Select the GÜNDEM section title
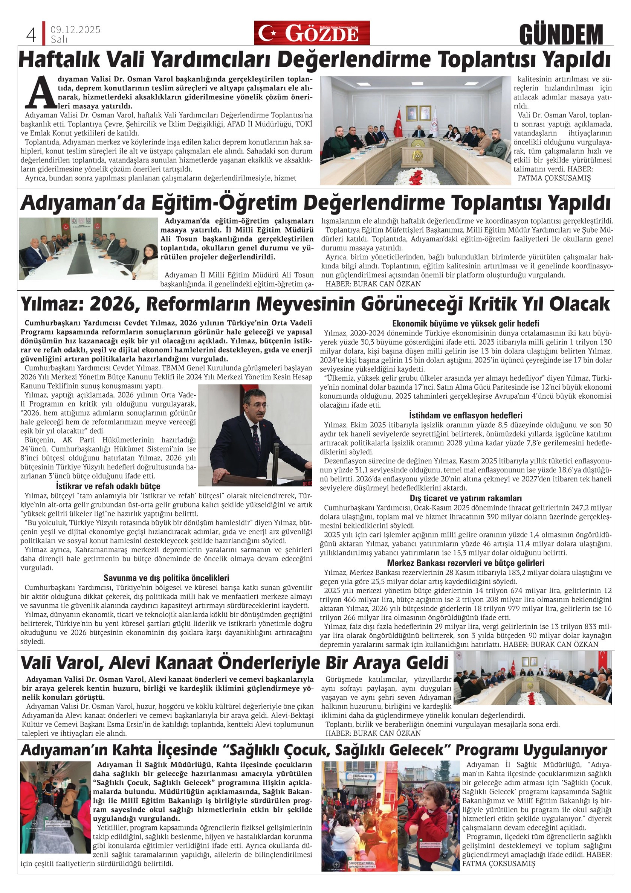561,35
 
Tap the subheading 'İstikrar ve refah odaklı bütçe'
108,486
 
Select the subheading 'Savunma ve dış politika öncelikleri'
166,578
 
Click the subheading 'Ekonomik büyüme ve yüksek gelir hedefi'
465,324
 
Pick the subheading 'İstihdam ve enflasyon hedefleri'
465,415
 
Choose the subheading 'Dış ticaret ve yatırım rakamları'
465,498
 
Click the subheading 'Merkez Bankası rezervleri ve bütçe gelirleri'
465,563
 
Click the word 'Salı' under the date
59,39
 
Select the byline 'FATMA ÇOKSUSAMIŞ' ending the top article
554,178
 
